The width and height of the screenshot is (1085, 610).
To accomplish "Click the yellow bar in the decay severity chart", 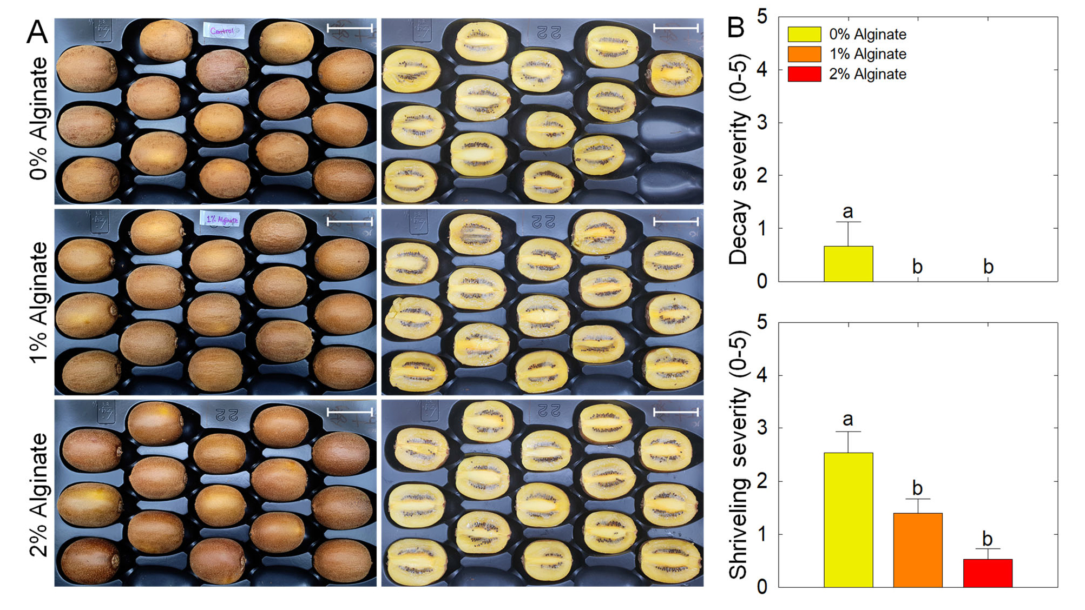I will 848,264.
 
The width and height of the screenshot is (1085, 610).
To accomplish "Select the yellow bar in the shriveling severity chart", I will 848,520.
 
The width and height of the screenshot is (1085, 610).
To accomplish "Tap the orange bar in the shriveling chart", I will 917,550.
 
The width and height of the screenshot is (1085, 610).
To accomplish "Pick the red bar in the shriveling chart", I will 987,573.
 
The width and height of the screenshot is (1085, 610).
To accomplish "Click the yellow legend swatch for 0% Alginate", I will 804,34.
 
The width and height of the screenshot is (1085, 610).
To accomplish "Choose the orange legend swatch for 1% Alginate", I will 804,54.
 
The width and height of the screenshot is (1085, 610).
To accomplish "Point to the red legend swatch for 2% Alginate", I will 804,74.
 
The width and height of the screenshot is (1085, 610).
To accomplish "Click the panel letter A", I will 37,32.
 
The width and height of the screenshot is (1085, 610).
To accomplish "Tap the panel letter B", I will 737,27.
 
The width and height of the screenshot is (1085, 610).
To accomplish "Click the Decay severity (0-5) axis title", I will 738,160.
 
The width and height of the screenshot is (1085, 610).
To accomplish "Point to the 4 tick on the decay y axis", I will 762,70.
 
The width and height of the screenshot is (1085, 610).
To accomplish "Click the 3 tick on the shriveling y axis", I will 762,428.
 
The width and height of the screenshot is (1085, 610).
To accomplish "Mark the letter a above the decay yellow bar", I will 848,212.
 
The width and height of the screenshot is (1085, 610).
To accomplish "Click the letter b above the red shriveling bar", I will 987,539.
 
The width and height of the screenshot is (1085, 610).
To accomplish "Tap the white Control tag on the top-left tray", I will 223,31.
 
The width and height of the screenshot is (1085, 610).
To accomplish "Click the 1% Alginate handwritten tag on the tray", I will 222,220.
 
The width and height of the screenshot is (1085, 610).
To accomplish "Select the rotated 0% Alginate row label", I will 39,118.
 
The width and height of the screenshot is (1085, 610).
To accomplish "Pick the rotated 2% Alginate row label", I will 39,495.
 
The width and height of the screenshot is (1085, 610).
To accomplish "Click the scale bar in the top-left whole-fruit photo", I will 350,28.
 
